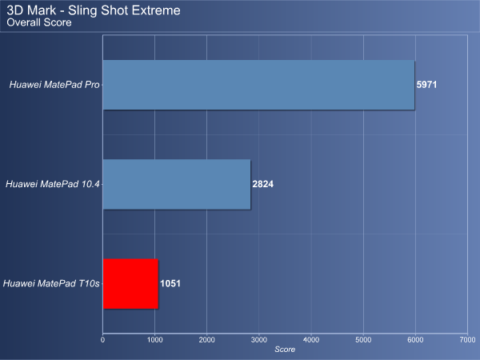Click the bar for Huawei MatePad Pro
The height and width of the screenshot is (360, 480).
(258, 85)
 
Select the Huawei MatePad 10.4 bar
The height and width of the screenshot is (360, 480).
(177, 184)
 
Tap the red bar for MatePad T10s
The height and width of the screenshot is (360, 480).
(130, 284)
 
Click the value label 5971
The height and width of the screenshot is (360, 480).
(426, 85)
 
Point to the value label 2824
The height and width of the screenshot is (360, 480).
(262, 184)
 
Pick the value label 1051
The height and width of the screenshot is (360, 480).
(170, 283)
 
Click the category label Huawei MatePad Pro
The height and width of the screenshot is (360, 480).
(54, 85)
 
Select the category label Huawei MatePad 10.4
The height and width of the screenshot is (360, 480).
(52, 184)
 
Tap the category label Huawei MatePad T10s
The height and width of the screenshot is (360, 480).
(51, 283)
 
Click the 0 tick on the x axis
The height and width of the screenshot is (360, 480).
(103, 340)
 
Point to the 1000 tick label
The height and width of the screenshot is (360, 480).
(155, 340)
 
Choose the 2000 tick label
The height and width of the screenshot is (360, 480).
(207, 340)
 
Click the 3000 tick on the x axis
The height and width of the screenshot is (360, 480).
(259, 340)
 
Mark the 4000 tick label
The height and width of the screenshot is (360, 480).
(311, 340)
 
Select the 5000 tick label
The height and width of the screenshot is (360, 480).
(363, 340)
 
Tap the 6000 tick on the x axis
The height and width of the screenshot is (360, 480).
(415, 340)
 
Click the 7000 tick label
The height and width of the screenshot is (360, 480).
(468, 340)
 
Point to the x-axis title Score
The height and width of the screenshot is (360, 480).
(285, 350)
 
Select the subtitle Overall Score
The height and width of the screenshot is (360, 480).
(39, 22)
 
